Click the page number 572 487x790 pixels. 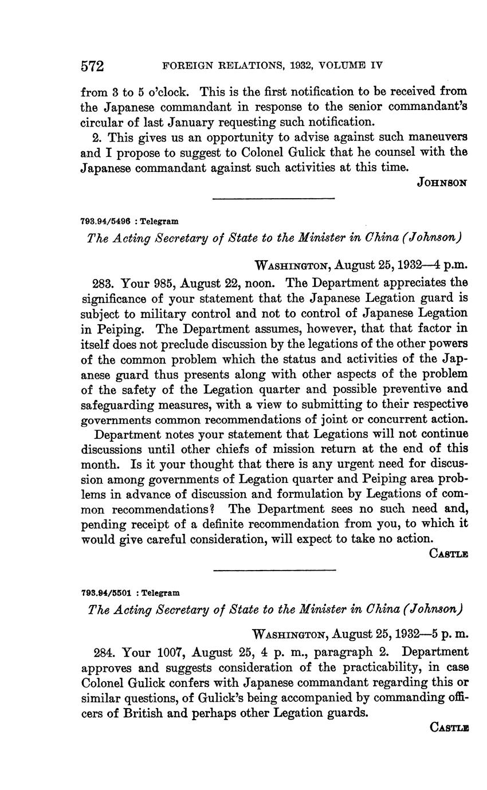(x=92, y=66)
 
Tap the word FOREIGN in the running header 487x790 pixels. (x=187, y=66)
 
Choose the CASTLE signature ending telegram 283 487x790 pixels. (x=449, y=554)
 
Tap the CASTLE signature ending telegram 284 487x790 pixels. (x=449, y=728)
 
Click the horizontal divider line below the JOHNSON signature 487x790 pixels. (x=273, y=199)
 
